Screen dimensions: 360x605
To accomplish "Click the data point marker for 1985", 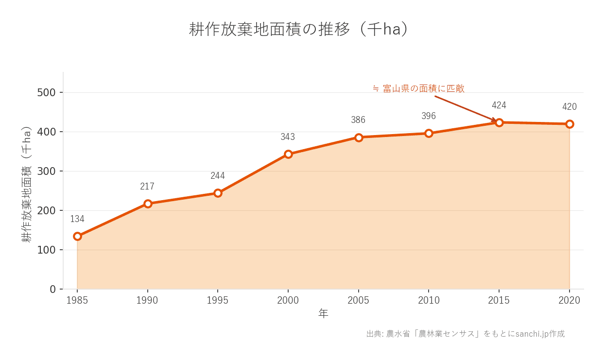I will click(77, 236).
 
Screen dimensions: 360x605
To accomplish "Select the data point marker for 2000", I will click(288, 154).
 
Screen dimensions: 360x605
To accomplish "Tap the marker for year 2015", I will click(499, 122).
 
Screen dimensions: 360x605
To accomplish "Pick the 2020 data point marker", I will click(570, 124).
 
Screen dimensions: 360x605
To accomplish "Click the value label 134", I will click(77, 219).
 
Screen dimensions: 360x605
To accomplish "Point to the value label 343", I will click(288, 137).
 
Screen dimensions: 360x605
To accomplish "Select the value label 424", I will click(499, 105).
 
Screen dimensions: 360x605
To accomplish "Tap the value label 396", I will click(429, 116).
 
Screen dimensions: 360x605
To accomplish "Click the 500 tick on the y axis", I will click(47, 92).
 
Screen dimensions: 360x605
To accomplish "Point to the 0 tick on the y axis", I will click(53, 289).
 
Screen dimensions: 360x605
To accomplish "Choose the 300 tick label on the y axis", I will click(47, 171).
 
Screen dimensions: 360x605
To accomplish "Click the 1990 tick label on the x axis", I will click(147, 301).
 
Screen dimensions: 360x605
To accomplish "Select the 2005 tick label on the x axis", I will click(358, 301).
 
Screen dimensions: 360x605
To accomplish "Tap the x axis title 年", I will click(323, 314).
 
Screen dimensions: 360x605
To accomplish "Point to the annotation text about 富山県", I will click(418, 88).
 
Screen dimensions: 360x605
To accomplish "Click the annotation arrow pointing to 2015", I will click(465, 108).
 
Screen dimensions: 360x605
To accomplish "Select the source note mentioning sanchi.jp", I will click(465, 334).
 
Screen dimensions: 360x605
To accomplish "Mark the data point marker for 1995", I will click(218, 193).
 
